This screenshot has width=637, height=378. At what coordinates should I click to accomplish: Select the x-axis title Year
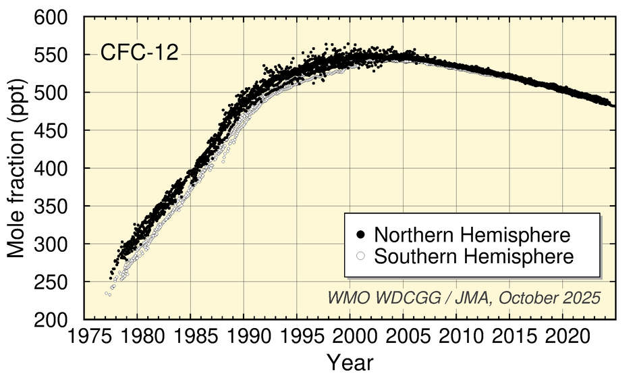350,362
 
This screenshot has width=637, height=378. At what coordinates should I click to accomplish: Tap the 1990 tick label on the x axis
244,335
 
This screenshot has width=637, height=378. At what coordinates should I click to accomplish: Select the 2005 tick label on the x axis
403,335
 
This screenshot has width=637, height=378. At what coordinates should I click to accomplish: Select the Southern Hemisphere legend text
474,256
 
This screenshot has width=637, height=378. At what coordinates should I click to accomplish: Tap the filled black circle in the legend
361,235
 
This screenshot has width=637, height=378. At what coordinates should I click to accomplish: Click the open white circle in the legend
361,256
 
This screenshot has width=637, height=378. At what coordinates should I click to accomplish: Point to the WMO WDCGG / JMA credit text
464,298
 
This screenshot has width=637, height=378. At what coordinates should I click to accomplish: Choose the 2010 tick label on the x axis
456,335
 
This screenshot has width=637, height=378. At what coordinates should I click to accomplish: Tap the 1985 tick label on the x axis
190,335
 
